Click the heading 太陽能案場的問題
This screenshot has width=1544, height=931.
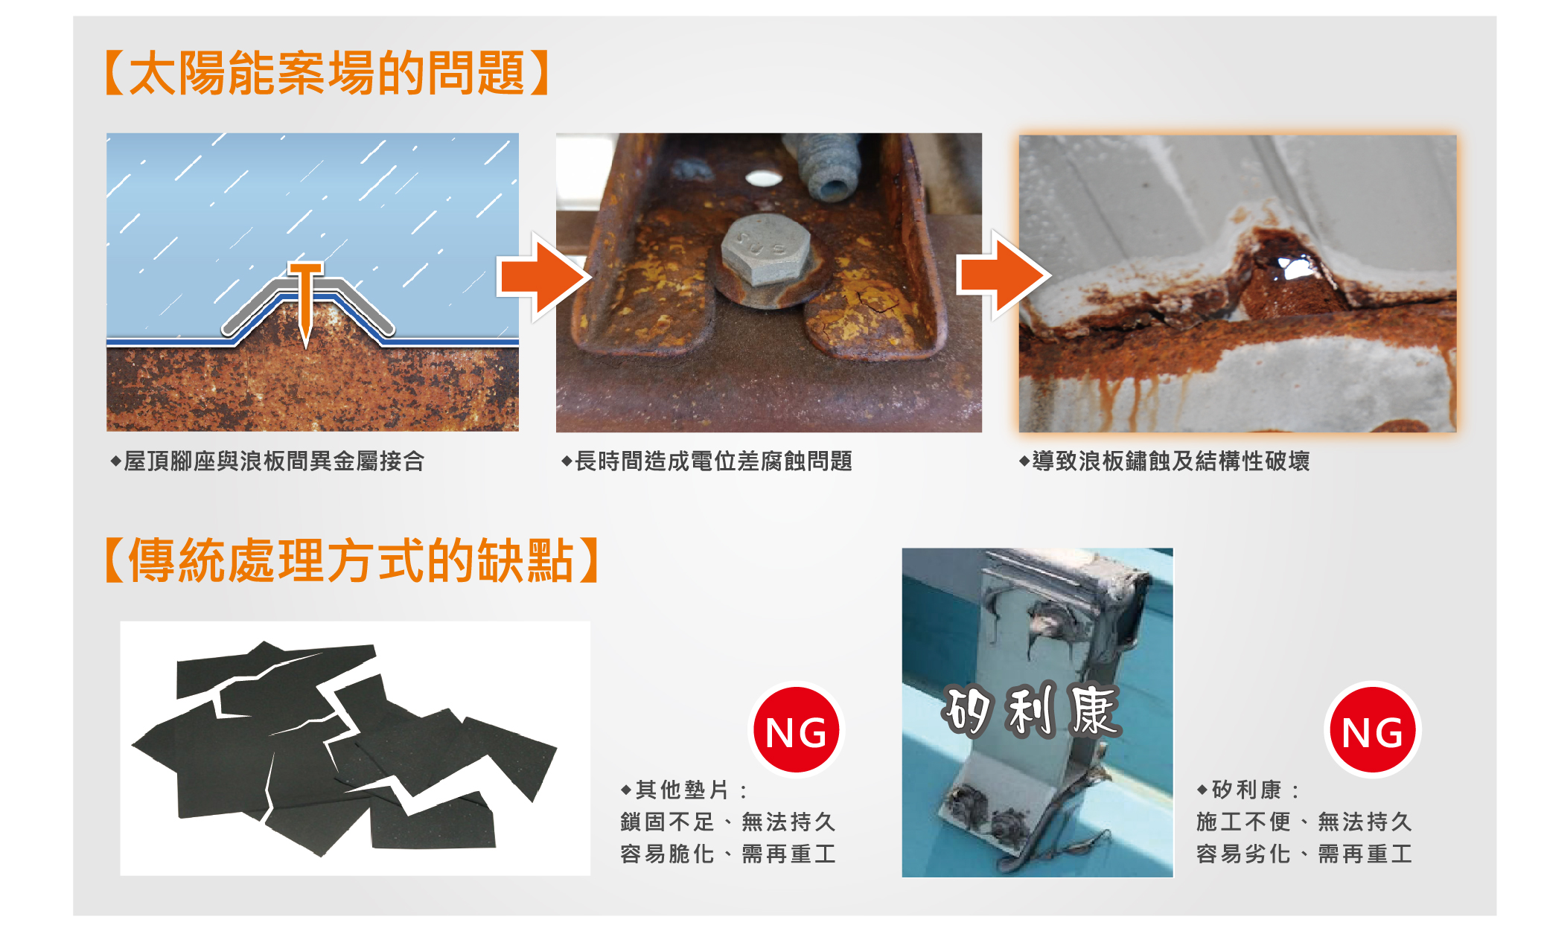(328, 73)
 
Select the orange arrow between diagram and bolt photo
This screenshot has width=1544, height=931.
(544, 276)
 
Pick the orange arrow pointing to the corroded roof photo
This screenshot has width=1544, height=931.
(1004, 275)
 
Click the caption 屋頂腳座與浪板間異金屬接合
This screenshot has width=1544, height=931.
(268, 461)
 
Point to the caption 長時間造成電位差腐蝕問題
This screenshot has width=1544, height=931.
(707, 461)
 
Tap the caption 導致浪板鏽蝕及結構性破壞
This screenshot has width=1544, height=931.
(1165, 461)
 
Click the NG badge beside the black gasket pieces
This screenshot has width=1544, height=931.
(796, 730)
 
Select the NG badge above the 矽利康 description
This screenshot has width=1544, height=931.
(1373, 730)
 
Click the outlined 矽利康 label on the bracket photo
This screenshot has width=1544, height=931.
(1031, 711)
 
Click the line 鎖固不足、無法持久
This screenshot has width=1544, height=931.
(728, 822)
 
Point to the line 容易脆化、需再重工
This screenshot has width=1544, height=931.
(728, 854)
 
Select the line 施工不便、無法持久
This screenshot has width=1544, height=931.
(1304, 822)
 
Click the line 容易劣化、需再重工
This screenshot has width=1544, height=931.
(1304, 854)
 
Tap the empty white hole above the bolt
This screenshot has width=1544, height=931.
(764, 179)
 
